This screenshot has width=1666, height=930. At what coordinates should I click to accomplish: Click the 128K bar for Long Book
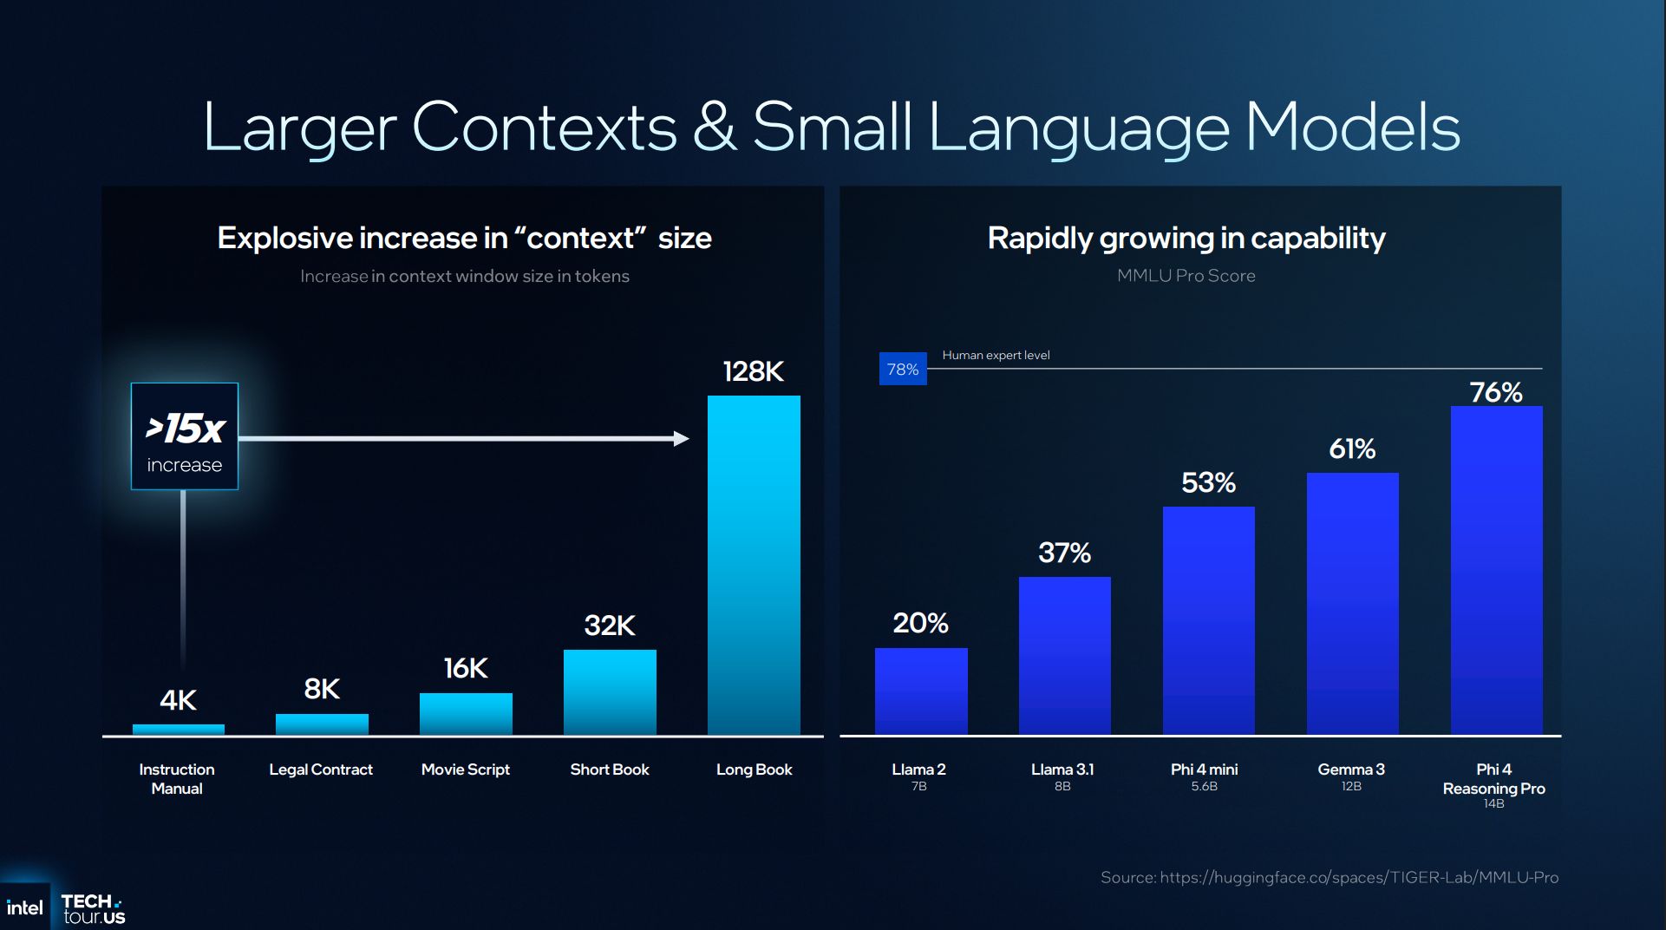pyautogui.click(x=754, y=565)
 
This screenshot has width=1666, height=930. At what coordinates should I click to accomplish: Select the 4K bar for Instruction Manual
pyautogui.click(x=178, y=730)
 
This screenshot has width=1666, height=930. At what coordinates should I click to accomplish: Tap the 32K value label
pyautogui.click(x=610, y=625)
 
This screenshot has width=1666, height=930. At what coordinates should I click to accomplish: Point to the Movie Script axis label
pyautogui.click(x=465, y=770)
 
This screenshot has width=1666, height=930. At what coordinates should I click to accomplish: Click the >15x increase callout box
pyautogui.click(x=185, y=436)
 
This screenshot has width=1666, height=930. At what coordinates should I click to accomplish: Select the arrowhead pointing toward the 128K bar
pyautogui.click(x=682, y=439)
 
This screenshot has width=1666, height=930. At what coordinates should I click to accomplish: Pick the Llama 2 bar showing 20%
pyautogui.click(x=921, y=691)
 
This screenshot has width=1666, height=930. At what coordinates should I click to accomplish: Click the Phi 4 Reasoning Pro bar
pyautogui.click(x=1496, y=570)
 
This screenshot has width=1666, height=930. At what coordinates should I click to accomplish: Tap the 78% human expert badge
pyautogui.click(x=903, y=370)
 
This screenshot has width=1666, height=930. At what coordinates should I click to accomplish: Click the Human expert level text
pyautogui.click(x=996, y=355)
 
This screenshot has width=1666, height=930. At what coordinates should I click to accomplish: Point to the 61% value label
pyautogui.click(x=1352, y=449)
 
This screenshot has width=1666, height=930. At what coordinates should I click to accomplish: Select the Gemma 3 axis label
pyautogui.click(x=1350, y=770)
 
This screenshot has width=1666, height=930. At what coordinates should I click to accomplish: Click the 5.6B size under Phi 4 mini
pyautogui.click(x=1204, y=787)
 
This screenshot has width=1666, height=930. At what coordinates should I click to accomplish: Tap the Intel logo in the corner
pyautogui.click(x=24, y=907)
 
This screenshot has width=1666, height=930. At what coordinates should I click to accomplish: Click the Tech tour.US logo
pyautogui.click(x=93, y=908)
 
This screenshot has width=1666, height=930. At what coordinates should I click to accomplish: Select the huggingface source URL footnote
pyautogui.click(x=1330, y=878)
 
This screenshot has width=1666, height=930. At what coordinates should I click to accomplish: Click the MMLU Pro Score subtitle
pyautogui.click(x=1186, y=276)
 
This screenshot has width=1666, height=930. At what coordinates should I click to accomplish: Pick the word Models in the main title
pyautogui.click(x=1352, y=128)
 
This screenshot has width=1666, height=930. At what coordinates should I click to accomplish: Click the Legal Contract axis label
pyautogui.click(x=321, y=770)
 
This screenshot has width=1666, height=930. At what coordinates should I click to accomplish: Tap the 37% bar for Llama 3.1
pyautogui.click(x=1064, y=656)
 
